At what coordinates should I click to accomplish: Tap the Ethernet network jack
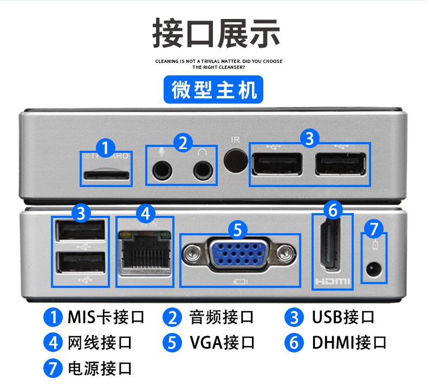click(144, 254)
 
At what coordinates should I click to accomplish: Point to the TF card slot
click(106, 175)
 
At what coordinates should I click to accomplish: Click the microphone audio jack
click(161, 170)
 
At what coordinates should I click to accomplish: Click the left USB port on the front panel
click(276, 164)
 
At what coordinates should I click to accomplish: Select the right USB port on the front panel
click(341, 164)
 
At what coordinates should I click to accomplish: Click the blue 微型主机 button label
click(213, 89)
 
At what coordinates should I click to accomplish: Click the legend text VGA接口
click(222, 343)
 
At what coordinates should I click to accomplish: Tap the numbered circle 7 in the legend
click(53, 369)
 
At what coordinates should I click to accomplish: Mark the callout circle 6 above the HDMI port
click(333, 209)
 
